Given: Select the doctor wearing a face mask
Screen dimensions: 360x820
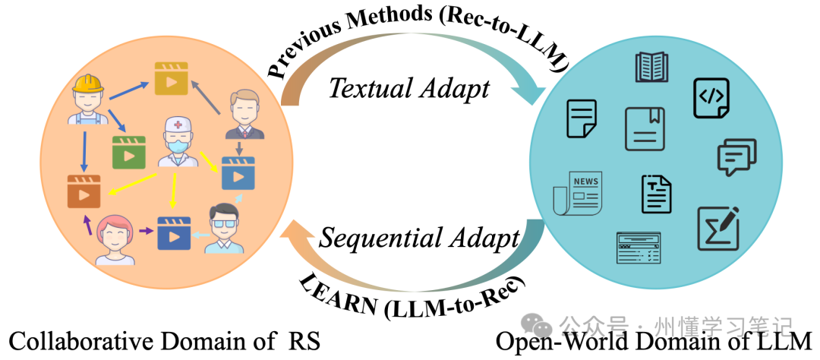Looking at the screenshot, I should click(x=178, y=144).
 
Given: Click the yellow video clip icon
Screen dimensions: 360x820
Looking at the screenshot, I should click(x=170, y=78).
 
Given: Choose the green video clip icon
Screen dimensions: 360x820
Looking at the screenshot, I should click(x=128, y=152).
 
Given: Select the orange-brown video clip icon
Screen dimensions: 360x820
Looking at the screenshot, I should click(x=84, y=191).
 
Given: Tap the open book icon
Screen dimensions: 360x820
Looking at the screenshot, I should click(x=651, y=67).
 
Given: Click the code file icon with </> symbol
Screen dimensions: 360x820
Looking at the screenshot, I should click(x=711, y=97).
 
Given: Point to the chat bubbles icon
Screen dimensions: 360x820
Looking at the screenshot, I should click(x=736, y=156).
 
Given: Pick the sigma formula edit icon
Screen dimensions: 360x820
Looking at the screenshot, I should click(x=718, y=228).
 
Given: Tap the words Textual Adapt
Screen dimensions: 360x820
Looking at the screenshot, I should click(x=409, y=89).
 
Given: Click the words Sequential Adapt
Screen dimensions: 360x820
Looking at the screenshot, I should click(x=419, y=238).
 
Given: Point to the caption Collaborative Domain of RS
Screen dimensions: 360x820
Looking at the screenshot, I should click(x=164, y=341).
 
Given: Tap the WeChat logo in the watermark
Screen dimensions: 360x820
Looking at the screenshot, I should click(x=541, y=327).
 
